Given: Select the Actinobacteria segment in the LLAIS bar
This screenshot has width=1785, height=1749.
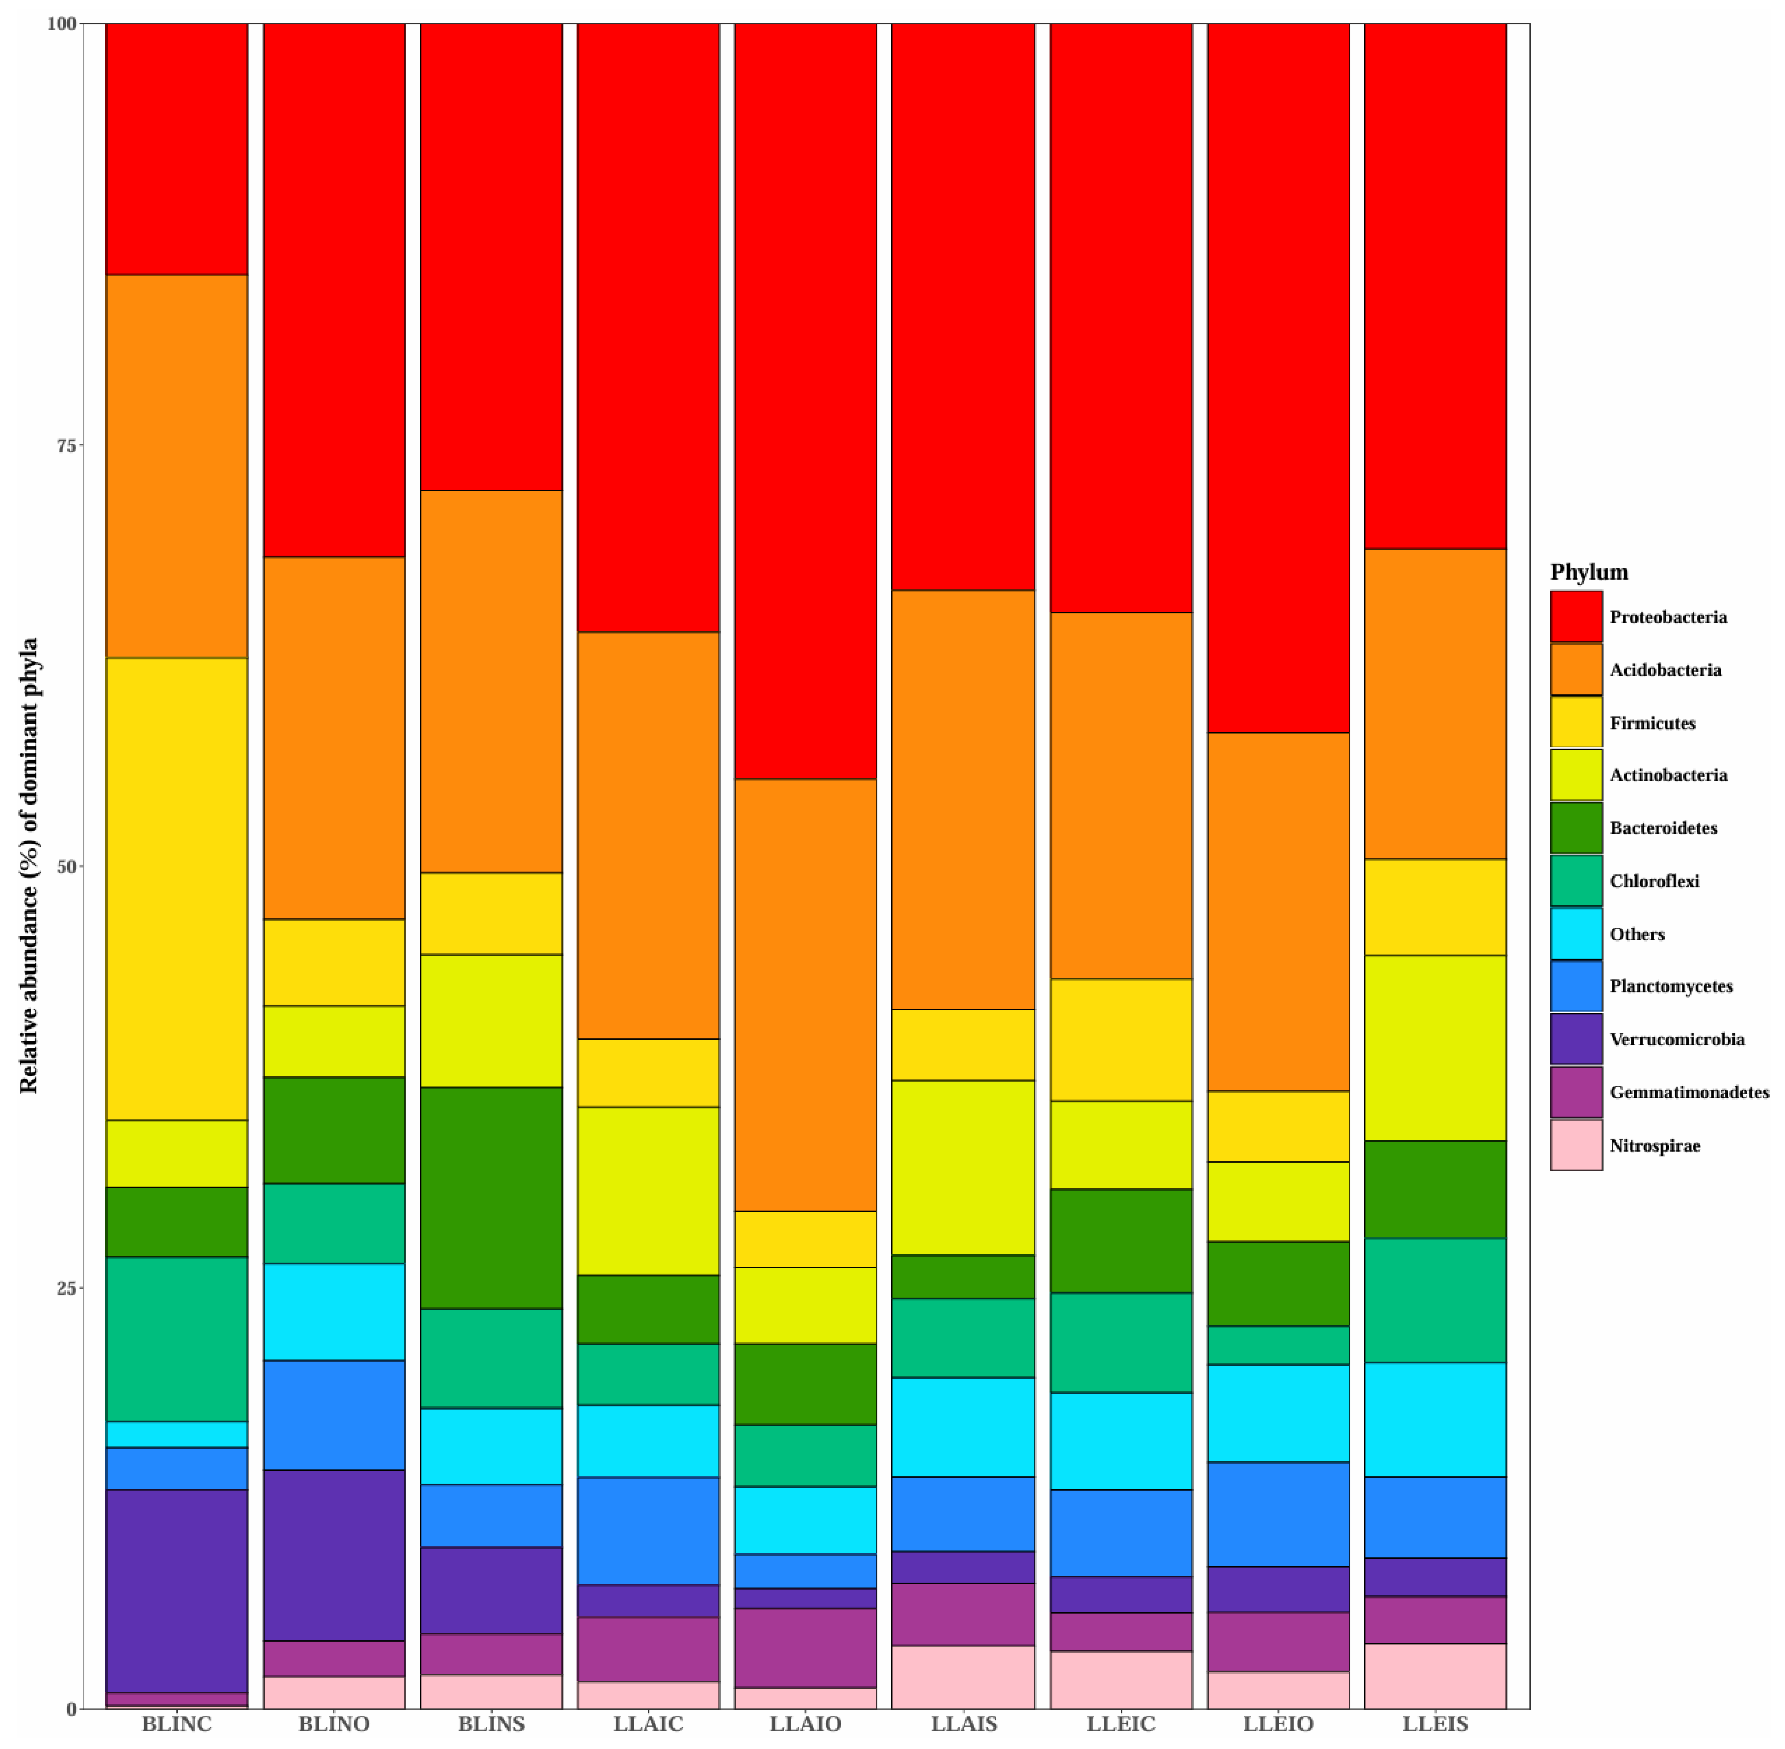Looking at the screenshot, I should click(963, 1167).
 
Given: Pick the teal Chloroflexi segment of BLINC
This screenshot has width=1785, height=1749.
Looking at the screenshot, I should click(176, 1339).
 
